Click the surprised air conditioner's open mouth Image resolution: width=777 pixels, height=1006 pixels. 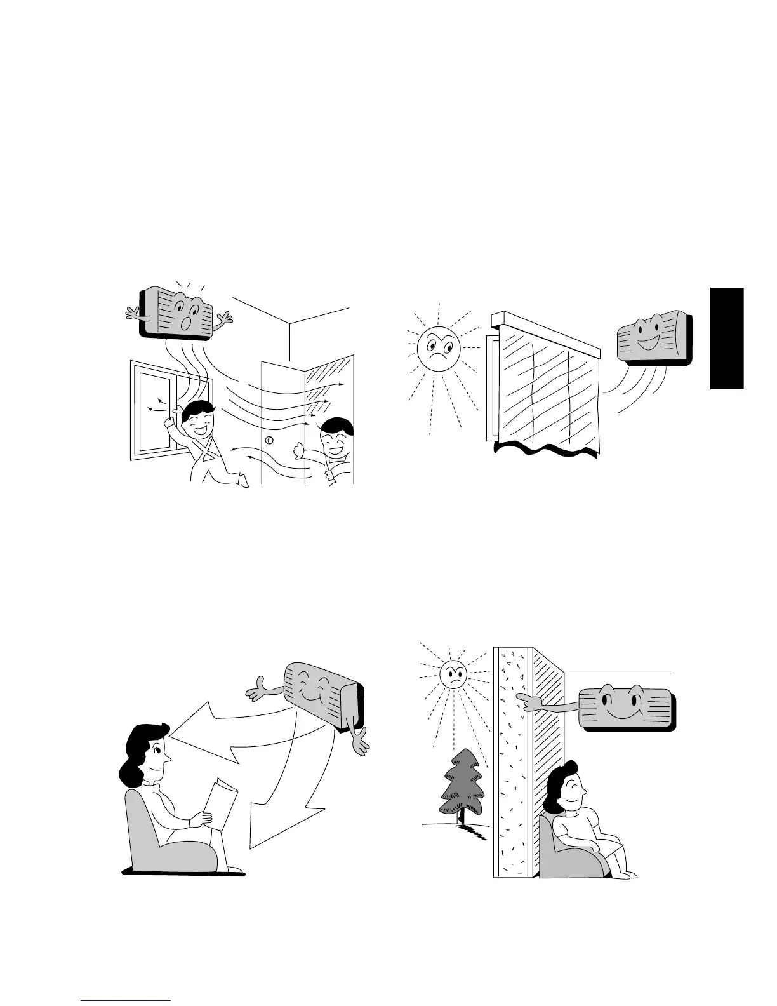(x=185, y=323)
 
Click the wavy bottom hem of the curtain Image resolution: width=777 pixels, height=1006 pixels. (x=546, y=450)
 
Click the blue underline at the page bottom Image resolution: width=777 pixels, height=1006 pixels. (x=127, y=1000)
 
